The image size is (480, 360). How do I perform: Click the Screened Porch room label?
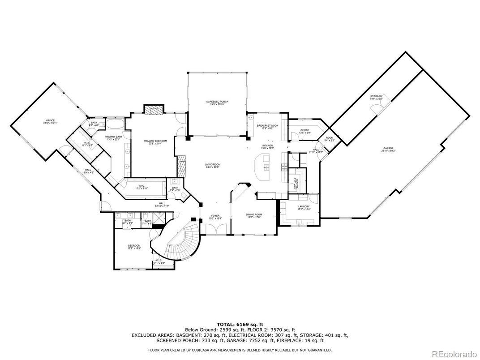[x=217, y=103]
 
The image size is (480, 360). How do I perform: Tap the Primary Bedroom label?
[x=155, y=142]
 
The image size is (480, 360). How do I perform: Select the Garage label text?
[x=388, y=149]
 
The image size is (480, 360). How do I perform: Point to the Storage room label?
[x=376, y=98]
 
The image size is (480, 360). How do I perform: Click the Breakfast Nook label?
[x=268, y=127]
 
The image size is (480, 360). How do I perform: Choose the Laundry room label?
[x=304, y=208]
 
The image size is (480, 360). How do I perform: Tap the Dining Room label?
[x=254, y=216]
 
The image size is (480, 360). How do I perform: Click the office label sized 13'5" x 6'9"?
[x=304, y=131]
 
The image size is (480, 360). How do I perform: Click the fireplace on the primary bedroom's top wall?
[x=154, y=110]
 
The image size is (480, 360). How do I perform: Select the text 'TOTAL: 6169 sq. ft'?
[x=240, y=324]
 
